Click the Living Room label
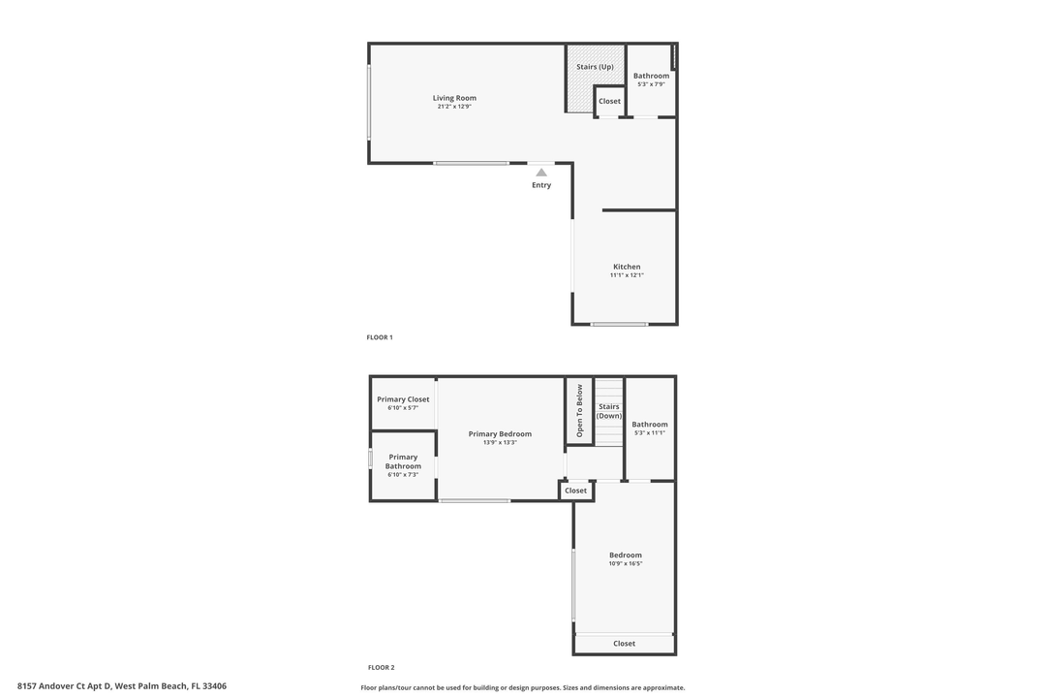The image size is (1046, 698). [454, 98]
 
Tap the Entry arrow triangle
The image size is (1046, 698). [541, 173]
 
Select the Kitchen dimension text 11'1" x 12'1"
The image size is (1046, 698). [627, 275]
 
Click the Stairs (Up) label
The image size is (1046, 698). [595, 67]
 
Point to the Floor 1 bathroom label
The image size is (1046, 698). [651, 76]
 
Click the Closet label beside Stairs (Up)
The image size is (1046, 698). [609, 102]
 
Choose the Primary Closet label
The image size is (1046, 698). [403, 399]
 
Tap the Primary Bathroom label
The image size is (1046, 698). [403, 461]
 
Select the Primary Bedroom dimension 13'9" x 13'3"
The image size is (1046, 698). [500, 442]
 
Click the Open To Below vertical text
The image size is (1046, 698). [580, 411]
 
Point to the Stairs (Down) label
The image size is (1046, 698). [609, 411]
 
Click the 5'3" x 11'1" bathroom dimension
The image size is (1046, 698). [650, 433]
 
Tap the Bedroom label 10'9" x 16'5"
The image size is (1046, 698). [626, 555]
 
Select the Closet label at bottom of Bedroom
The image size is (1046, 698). [625, 644]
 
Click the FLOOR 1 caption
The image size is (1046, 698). [380, 337]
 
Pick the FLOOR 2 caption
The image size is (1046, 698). [381, 667]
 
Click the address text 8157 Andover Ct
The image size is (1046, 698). [122, 686]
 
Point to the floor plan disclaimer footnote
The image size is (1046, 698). [523, 687]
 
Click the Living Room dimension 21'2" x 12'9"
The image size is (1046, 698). [454, 107]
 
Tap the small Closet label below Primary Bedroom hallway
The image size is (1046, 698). [576, 491]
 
